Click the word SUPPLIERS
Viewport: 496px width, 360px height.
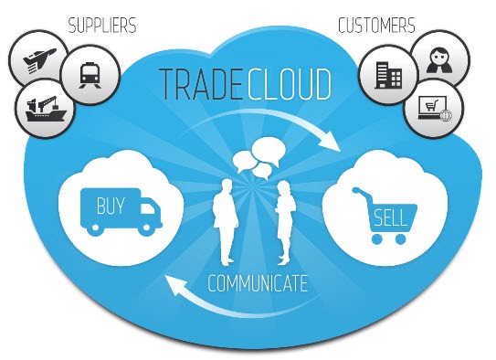[x=102, y=26]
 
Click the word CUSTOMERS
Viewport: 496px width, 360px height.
[x=376, y=26]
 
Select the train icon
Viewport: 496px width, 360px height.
[x=90, y=75]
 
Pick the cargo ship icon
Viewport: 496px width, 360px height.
[x=46, y=109]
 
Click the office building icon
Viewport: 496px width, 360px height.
[x=388, y=75]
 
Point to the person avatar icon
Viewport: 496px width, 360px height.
[x=439, y=60]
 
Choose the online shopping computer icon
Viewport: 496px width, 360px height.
[x=434, y=108]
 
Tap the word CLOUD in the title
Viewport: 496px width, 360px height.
[x=290, y=84]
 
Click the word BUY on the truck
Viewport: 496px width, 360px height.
[x=111, y=206]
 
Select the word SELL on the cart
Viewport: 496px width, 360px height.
[x=390, y=217]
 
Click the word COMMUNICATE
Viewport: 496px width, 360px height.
[x=258, y=283]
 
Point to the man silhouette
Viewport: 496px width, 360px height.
[x=226, y=222]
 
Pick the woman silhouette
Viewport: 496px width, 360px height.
[x=285, y=223]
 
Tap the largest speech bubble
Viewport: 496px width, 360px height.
[x=269, y=151]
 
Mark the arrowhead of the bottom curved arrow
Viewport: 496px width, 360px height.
[x=175, y=284]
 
